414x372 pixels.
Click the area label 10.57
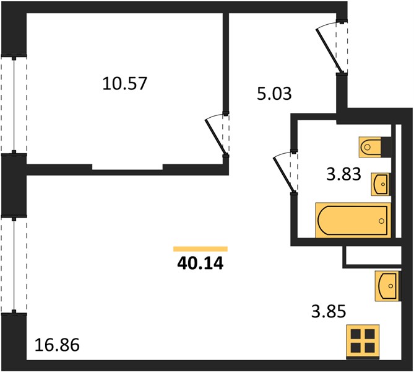[x=124, y=83]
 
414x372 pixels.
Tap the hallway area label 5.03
[x=274, y=94]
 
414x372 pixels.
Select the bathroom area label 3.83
[x=343, y=174]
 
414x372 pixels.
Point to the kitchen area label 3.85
[x=329, y=311]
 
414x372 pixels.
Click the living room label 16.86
[x=57, y=345]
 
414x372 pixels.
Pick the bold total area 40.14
[x=201, y=263]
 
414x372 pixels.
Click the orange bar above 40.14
[x=201, y=249]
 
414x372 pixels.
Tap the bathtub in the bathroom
[x=353, y=220]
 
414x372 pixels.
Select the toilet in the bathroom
[x=370, y=147]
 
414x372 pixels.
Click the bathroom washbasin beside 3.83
[x=380, y=184]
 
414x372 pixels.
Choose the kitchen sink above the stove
[x=387, y=286]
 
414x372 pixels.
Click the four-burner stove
[x=363, y=342]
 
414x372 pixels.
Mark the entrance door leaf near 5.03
[x=330, y=51]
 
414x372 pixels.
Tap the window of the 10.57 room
[x=14, y=105]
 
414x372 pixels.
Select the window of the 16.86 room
[x=14, y=265]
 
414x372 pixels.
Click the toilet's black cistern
[x=386, y=147]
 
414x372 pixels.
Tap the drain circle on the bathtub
[x=381, y=221]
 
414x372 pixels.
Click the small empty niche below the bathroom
[x=372, y=255]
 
